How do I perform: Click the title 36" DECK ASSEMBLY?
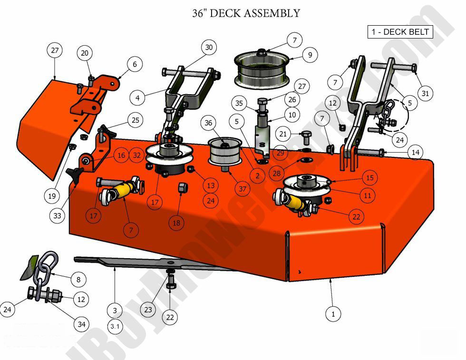[246, 13]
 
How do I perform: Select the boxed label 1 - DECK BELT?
[400, 32]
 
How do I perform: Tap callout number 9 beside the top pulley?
[310, 55]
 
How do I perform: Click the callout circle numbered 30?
[209, 47]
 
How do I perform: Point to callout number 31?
[425, 94]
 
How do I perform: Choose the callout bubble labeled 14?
[416, 153]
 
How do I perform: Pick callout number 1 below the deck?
[333, 314]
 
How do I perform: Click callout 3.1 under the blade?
[115, 327]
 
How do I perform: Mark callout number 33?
[58, 215]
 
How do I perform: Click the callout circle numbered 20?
[85, 53]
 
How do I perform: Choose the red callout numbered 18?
[176, 222]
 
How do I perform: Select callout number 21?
[283, 134]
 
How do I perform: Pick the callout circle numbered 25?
[136, 121]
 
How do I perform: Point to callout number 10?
[291, 115]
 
